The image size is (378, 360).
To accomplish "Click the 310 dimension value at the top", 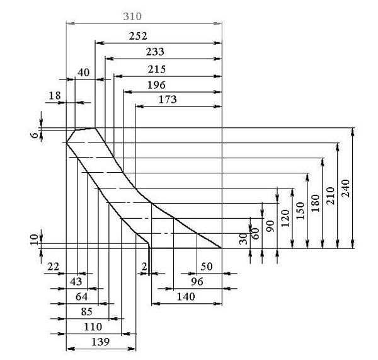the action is click(132, 16).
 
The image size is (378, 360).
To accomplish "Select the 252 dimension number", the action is click(138, 36).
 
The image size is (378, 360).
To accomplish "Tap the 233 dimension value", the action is click(155, 52).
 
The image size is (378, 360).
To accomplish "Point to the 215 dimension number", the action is click(157, 69).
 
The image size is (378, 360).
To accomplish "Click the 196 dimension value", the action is click(156, 85).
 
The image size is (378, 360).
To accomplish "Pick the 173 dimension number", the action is click(168, 100).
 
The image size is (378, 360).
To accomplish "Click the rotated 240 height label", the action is click(346, 189).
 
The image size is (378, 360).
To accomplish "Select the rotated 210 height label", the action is click(331, 196).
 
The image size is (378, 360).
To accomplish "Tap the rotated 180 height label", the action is click(316, 203).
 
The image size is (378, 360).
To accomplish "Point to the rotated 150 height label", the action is click(300, 211).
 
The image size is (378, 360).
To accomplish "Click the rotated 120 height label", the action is click(285, 218).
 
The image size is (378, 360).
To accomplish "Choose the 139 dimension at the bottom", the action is click(101, 342).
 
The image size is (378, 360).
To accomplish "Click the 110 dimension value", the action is click(93, 327).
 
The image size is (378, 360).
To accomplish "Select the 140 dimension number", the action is click(186, 296).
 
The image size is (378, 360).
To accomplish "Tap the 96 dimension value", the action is click(197, 282).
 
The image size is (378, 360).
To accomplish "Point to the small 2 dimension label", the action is click(144, 267).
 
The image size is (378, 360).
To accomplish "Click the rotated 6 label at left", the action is click(35, 135).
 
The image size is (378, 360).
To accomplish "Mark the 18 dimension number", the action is click(55, 96).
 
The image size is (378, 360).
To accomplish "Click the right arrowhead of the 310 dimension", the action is click(218, 23).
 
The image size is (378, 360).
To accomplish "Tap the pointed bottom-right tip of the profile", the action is click(222, 248).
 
